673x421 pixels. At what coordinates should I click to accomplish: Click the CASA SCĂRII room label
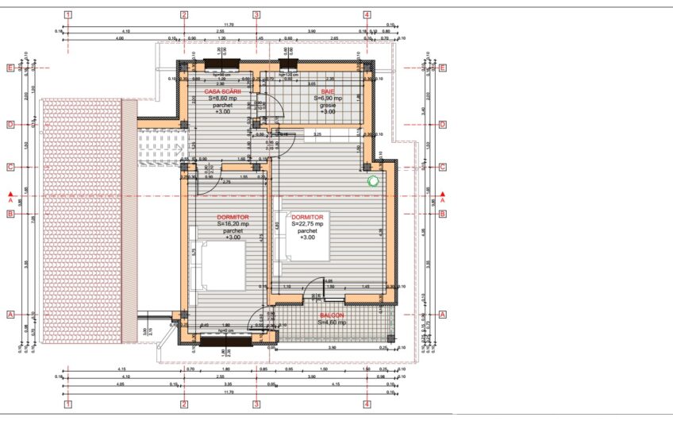(x=223, y=92)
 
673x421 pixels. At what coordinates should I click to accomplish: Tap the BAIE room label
(x=328, y=92)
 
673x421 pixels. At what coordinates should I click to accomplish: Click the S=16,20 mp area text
(x=233, y=224)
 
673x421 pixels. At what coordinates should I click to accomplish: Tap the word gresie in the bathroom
(x=328, y=105)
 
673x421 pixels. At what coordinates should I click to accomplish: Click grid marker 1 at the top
(x=69, y=14)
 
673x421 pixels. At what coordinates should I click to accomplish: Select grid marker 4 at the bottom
(x=367, y=404)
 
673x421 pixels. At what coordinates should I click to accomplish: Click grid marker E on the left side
(x=11, y=68)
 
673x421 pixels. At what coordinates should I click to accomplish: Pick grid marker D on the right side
(x=443, y=125)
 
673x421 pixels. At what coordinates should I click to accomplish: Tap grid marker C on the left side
(x=11, y=167)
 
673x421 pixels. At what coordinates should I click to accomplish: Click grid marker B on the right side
(x=443, y=214)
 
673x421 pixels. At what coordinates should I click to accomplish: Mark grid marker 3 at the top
(x=256, y=14)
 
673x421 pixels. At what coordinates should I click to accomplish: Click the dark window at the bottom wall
(x=226, y=341)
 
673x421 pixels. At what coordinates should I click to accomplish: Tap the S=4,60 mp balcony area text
(x=332, y=323)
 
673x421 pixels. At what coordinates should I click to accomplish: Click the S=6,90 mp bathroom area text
(x=328, y=98)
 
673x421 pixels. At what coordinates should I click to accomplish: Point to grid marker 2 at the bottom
(x=184, y=404)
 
